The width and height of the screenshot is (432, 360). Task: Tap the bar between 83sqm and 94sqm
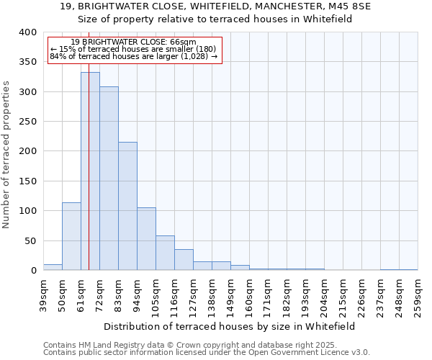tap(127, 206)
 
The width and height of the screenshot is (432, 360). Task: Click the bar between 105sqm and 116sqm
tap(165, 253)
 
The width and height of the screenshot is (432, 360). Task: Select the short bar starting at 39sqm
tap(53, 267)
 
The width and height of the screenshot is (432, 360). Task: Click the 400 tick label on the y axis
tap(27, 32)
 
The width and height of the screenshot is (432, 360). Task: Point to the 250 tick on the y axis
tap(27, 122)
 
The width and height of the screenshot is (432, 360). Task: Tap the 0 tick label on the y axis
tap(33, 271)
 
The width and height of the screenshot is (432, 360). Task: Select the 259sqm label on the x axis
tap(418, 295)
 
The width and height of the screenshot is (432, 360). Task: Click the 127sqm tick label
tap(193, 295)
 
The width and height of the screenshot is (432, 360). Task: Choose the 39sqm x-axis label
tap(43, 295)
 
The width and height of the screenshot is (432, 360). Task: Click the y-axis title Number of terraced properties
tap(6, 155)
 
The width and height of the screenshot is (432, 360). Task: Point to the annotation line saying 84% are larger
tap(133, 56)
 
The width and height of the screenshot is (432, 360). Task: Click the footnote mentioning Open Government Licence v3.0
tap(207, 352)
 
